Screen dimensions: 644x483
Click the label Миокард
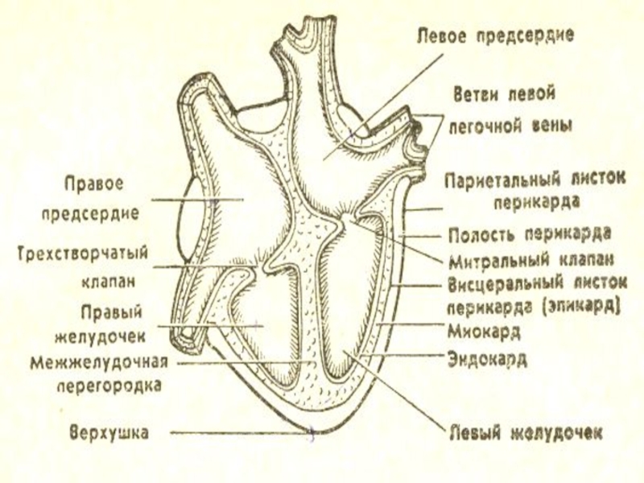coord(483,330)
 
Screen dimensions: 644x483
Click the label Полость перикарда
coord(529,234)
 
